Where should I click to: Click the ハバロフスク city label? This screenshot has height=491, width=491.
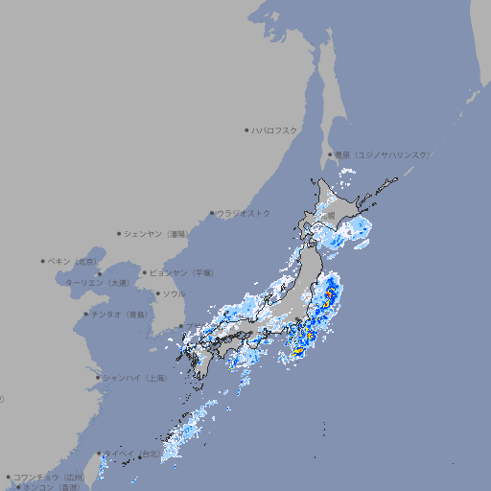(274, 129)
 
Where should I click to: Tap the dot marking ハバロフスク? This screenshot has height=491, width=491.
(246, 129)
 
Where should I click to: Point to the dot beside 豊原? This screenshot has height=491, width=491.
(330, 154)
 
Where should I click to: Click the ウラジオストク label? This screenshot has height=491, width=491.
(244, 213)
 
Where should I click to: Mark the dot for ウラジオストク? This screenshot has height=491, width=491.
(212, 213)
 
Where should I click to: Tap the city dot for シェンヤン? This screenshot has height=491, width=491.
(120, 233)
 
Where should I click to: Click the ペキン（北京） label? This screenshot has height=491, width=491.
(74, 261)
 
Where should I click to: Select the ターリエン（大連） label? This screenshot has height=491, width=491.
(96, 283)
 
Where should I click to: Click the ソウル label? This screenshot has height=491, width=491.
(174, 293)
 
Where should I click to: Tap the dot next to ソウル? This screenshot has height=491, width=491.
(157, 293)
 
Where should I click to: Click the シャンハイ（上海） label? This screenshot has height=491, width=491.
(135, 378)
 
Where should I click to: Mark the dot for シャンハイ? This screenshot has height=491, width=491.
(98, 378)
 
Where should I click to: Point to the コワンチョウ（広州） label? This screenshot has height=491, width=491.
(49, 477)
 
